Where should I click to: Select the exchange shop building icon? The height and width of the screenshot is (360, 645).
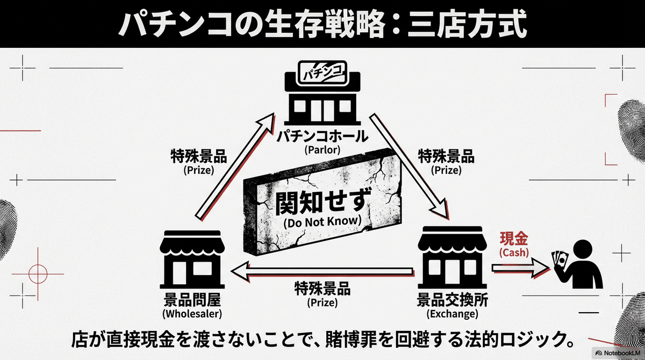(450, 258)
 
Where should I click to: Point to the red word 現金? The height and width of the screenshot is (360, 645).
(514, 238)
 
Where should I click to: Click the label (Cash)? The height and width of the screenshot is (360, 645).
(514, 251)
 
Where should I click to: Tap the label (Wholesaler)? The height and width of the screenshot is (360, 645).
(192, 313)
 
